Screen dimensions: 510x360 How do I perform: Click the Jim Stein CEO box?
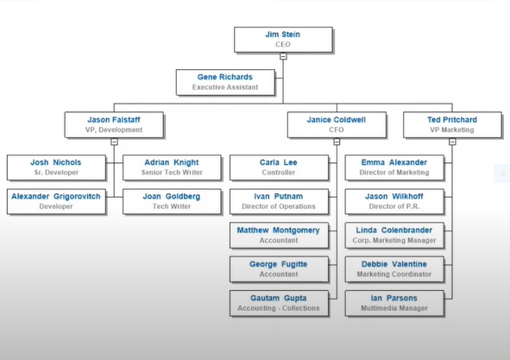283,40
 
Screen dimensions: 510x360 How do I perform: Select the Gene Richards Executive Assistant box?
225,82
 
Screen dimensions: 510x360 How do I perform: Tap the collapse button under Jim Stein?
283,56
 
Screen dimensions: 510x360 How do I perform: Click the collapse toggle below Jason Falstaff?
114,142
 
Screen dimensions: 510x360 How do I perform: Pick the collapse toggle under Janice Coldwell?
337,142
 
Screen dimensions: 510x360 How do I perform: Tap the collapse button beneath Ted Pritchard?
452,142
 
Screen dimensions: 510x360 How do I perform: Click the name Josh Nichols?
55,162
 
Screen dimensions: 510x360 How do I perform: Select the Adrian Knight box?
172,167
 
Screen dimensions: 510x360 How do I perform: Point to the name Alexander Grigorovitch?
56,196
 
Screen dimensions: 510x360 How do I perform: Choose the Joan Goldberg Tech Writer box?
172,201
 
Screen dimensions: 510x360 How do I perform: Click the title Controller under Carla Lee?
279,173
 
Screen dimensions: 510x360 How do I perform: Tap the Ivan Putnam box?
279,201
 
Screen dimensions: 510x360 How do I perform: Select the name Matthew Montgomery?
279,231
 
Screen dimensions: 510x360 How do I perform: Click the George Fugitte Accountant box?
279,269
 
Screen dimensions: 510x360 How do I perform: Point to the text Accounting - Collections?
279,308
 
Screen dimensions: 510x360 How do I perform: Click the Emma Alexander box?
394,167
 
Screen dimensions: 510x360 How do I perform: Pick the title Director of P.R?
394,206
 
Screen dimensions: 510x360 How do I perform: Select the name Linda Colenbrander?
394,231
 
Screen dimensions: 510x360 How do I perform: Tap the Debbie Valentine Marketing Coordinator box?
394,269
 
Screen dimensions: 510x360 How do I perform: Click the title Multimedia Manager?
394,308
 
